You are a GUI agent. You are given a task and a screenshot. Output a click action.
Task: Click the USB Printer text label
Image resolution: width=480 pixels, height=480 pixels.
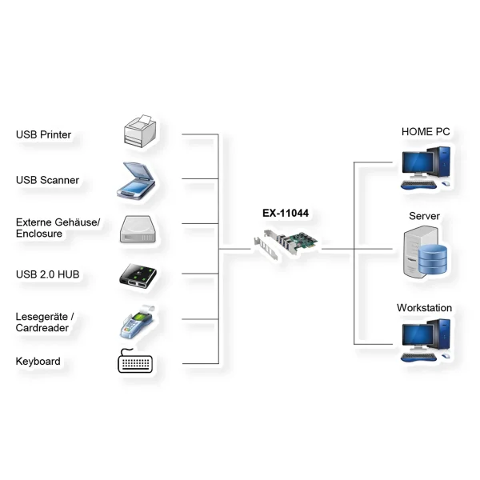click(x=43, y=134)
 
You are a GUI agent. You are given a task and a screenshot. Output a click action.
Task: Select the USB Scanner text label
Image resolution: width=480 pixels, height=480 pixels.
click(x=47, y=180)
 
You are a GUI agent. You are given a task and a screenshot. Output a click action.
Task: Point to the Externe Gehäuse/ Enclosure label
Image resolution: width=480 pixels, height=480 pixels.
click(x=58, y=228)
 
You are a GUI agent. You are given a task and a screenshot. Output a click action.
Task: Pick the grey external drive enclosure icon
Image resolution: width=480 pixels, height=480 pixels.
click(x=142, y=229)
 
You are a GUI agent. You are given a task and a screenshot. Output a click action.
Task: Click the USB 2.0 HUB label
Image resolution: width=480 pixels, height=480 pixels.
click(x=48, y=275)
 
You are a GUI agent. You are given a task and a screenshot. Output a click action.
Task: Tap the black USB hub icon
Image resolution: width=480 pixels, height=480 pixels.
click(x=141, y=274)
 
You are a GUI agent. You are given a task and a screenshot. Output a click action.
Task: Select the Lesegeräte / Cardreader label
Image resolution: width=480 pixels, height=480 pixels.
click(x=44, y=322)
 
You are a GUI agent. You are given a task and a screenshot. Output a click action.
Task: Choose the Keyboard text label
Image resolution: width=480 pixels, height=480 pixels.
click(x=38, y=362)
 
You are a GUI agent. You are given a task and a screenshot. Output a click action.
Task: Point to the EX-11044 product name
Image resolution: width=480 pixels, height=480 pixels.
click(x=286, y=214)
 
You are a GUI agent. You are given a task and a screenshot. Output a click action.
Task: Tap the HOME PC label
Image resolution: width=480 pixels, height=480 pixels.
click(x=426, y=132)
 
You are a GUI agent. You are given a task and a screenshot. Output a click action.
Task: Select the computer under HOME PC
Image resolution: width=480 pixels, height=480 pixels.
click(x=425, y=166)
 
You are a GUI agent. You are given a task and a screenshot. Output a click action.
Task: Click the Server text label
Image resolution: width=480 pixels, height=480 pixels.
click(x=424, y=217)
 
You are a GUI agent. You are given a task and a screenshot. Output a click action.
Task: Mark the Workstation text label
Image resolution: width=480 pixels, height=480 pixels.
click(x=424, y=308)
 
